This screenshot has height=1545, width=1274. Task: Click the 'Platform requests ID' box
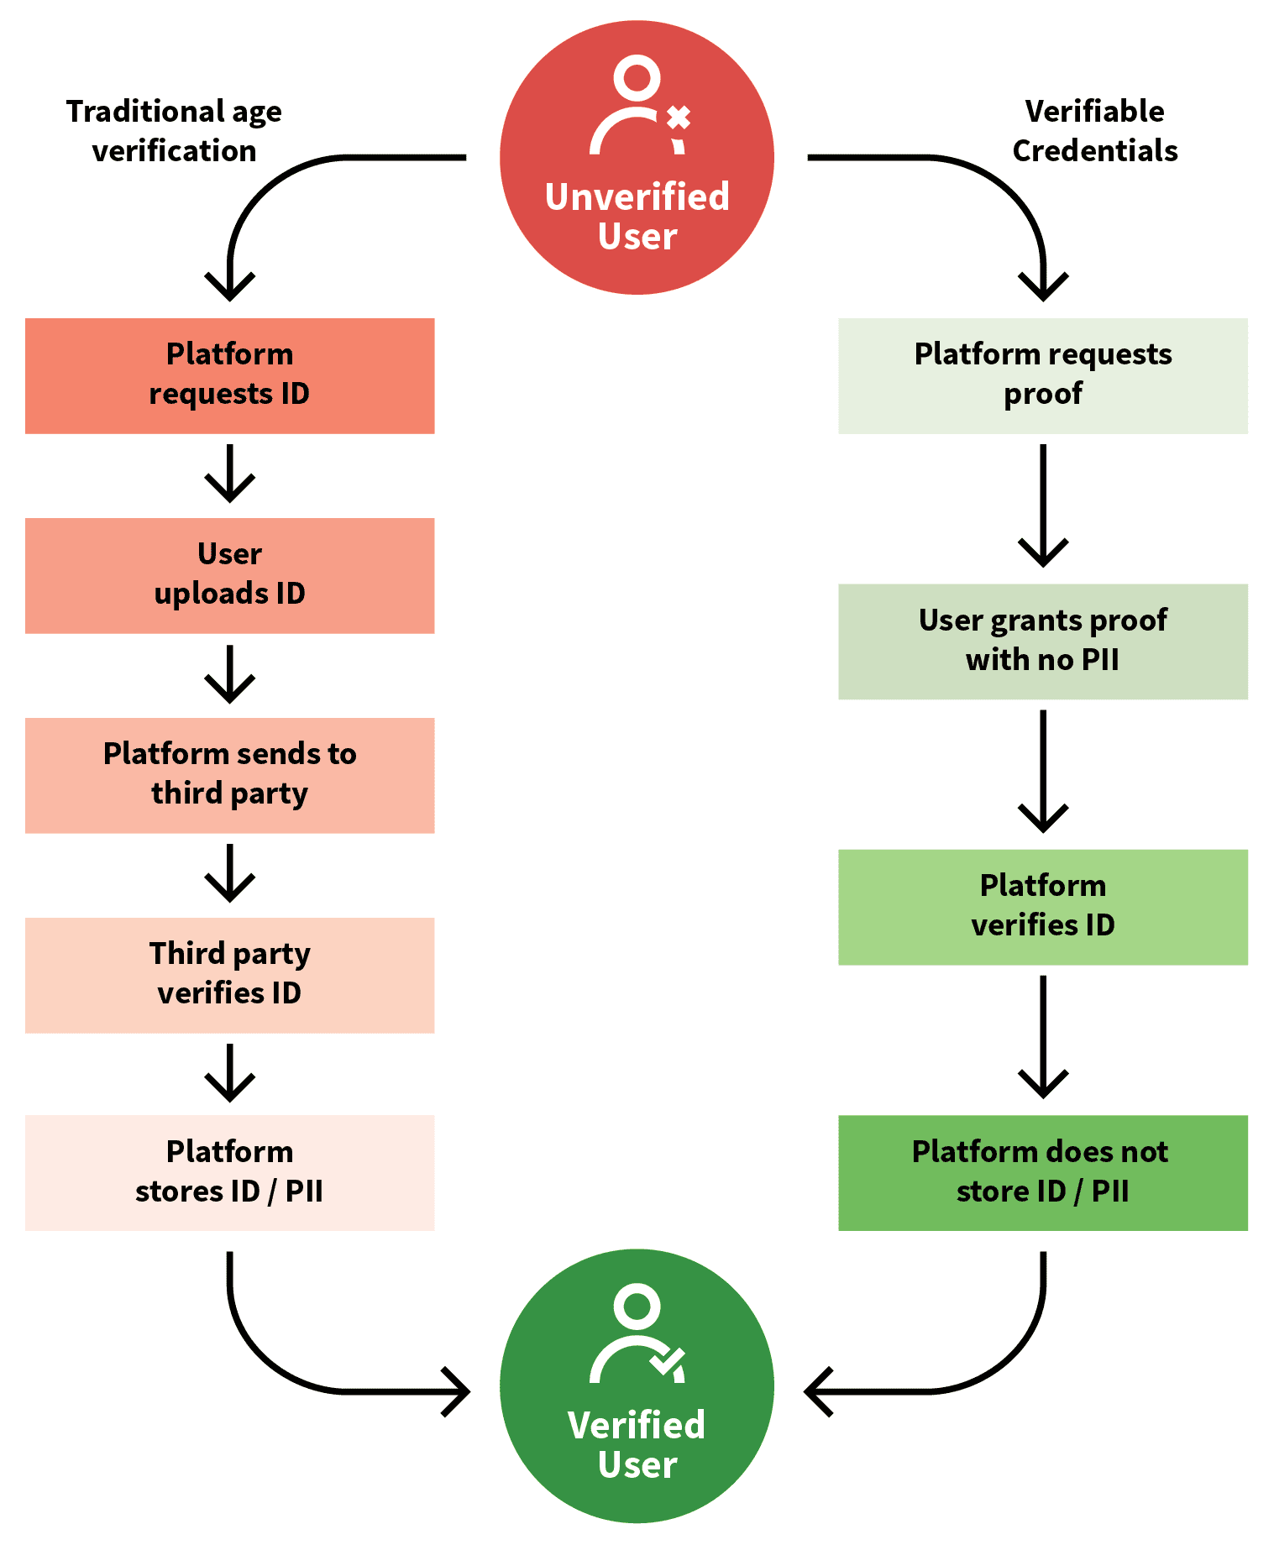(x=229, y=375)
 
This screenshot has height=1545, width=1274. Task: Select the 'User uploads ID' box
(x=229, y=575)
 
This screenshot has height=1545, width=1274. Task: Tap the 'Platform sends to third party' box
(x=229, y=775)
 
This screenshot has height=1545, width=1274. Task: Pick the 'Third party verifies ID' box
(x=229, y=974)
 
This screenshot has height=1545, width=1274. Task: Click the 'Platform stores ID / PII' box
(x=229, y=1172)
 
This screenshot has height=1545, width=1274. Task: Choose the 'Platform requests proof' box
(x=1042, y=375)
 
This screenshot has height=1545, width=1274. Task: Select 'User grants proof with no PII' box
(x=1042, y=642)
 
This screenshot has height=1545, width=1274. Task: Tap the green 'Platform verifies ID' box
(x=1042, y=907)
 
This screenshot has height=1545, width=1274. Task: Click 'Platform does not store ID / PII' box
(x=1042, y=1172)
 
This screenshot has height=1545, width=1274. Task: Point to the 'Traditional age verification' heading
(x=174, y=131)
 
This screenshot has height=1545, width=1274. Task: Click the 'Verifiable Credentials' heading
(x=1094, y=131)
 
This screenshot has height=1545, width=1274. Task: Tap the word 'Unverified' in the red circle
(x=637, y=197)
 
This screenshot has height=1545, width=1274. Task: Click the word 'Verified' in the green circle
(x=637, y=1426)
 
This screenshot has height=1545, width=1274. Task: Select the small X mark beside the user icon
(x=679, y=118)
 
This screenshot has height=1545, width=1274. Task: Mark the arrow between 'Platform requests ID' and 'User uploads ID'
(x=229, y=474)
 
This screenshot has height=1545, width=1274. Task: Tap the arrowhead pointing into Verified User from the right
(x=816, y=1391)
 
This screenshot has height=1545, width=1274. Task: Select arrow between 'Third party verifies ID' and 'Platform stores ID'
(x=229, y=1074)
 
